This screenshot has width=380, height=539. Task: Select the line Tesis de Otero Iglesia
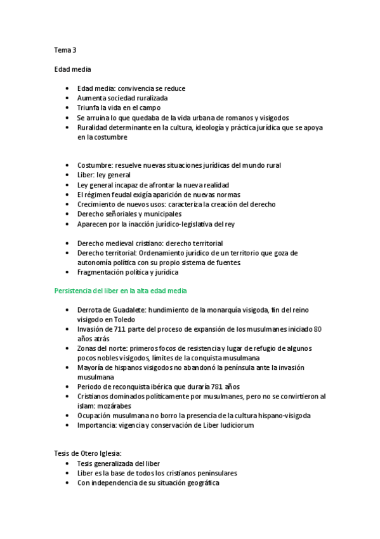click(88, 453)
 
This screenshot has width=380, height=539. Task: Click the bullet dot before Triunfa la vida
click(67, 108)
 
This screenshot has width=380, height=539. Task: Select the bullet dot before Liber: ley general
click(67, 175)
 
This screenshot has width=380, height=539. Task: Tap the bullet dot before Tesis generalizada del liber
click(67, 463)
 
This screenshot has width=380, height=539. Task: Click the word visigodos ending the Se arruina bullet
click(271, 118)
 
